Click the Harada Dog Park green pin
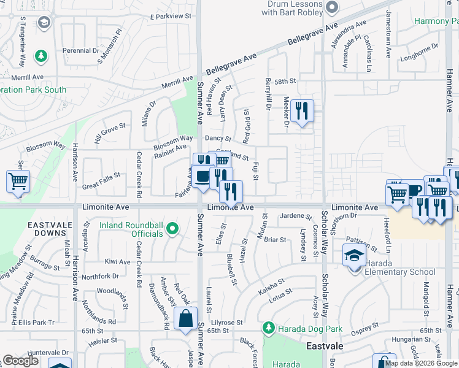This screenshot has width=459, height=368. point(268,329)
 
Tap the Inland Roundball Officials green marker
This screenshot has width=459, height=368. point(172,229)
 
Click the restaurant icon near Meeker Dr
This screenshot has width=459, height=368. point(301,112)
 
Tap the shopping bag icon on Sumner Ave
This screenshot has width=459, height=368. point(185,320)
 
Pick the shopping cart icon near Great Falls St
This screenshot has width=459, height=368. point(18,182)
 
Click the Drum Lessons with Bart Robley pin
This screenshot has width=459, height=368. point(332,7)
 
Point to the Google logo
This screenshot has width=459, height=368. point(20,361)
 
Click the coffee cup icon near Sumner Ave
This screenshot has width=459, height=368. point(201,177)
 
